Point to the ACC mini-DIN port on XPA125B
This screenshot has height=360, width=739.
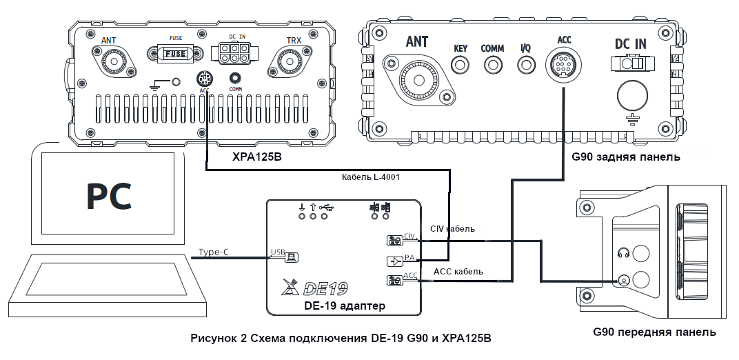pyautogui.click(x=205, y=79)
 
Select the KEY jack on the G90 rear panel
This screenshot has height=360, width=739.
pyautogui.click(x=460, y=64)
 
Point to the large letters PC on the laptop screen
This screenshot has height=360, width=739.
pyautogui.click(x=109, y=195)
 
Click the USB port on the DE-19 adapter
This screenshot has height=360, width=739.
pyautogui.click(x=292, y=257)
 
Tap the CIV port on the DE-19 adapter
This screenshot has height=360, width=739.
pyautogui.click(x=393, y=241)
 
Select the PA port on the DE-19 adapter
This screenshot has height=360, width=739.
pyautogui.click(x=393, y=261)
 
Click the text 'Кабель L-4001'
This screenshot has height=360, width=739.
pyautogui.click(x=371, y=177)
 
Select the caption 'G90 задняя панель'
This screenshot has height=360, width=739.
pyautogui.click(x=626, y=157)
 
